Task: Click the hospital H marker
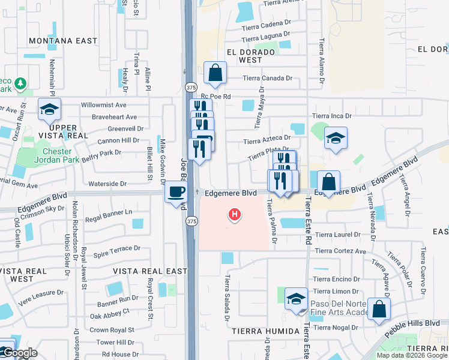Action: (x=235, y=214)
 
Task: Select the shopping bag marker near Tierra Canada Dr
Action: (x=215, y=73)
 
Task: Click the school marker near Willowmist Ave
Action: (x=49, y=109)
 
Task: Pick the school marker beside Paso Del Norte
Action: (x=296, y=299)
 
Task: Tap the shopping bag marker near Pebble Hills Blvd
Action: (x=379, y=309)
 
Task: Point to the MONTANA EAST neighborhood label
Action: (x=62, y=41)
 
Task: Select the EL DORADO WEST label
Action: (x=252, y=56)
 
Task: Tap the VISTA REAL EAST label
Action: (x=151, y=271)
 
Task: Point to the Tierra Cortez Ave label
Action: (x=340, y=251)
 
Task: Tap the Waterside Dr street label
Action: (x=107, y=184)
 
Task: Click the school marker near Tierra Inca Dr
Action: (x=336, y=139)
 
